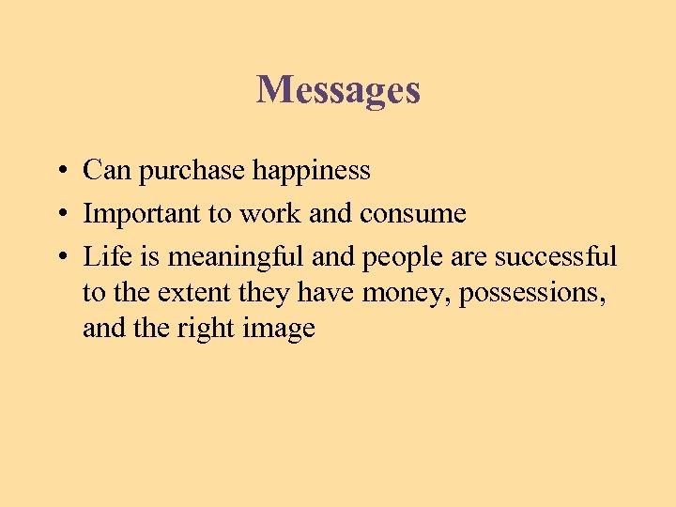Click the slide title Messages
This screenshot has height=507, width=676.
(338, 90)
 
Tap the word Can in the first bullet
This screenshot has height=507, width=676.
(102, 171)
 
